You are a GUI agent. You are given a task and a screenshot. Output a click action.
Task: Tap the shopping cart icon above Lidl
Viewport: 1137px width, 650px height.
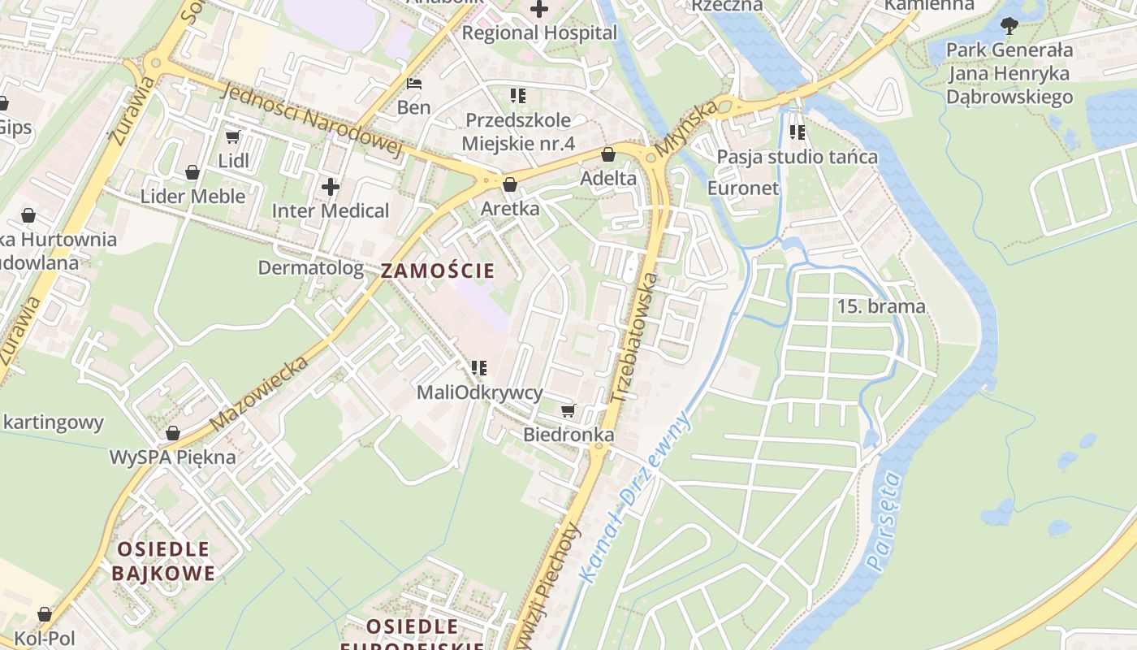pos(233,137)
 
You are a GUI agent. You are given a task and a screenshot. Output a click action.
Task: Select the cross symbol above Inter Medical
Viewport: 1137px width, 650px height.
pos(330,187)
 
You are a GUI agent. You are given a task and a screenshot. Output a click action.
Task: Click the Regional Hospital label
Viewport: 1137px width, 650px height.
pos(539,33)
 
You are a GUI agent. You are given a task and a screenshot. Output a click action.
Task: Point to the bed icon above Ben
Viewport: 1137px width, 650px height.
pos(414,84)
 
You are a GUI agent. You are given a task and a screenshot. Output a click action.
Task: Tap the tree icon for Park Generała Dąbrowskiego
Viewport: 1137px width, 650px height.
pos(1009,26)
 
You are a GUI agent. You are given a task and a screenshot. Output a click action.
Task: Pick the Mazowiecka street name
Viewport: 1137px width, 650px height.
pos(259,394)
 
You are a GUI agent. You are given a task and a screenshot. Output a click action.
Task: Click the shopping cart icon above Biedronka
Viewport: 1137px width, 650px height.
pos(568,411)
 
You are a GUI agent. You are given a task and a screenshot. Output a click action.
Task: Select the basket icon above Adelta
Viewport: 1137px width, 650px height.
pos(608,154)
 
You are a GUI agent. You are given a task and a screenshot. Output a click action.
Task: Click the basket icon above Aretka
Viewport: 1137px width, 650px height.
pos(509,185)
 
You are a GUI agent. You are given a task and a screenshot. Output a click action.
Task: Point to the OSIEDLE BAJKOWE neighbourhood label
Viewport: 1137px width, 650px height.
pos(163,561)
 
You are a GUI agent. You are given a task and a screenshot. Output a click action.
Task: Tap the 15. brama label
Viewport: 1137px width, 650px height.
pos(880,306)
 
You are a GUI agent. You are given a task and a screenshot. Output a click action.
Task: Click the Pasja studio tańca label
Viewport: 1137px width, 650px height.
pos(797,157)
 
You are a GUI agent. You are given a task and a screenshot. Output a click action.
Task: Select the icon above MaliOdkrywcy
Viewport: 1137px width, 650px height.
pos(479,368)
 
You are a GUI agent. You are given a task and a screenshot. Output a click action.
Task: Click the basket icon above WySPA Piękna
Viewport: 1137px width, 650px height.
pos(172,433)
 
